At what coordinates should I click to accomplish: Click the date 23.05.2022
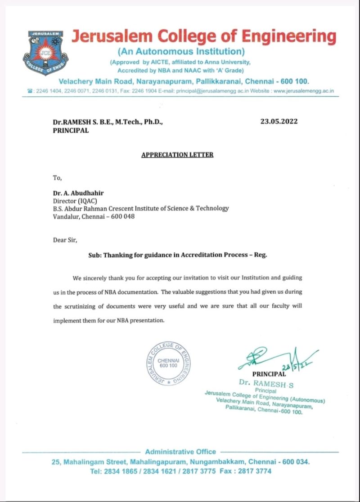click(279, 121)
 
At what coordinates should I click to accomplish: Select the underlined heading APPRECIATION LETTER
click(177, 155)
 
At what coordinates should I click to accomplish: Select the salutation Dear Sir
click(65, 240)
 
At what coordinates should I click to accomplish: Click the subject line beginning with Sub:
click(177, 255)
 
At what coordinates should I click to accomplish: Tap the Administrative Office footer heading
click(180, 452)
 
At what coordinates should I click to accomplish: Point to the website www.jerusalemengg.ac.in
click(303, 91)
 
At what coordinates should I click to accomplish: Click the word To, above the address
click(57, 178)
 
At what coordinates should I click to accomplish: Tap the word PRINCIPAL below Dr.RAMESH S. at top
click(71, 131)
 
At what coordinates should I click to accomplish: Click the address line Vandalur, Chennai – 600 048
click(94, 216)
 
